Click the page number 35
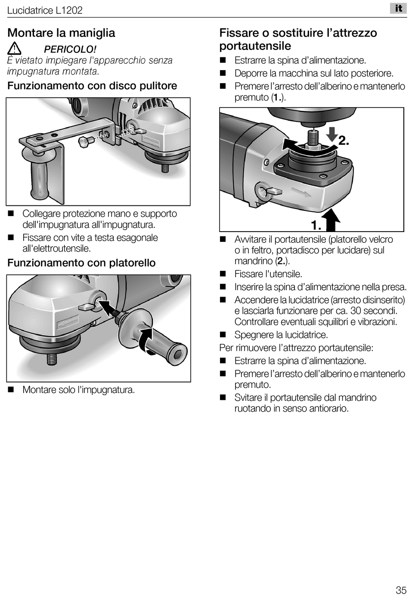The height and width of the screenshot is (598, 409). point(401,590)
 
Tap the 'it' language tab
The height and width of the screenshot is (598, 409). point(399,8)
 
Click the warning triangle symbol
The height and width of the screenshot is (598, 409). point(14,49)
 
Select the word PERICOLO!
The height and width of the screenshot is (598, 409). point(70,49)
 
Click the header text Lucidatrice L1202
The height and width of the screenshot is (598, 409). point(45,10)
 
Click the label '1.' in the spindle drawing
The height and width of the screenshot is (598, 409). point(316,225)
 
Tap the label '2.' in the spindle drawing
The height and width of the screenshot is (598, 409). point(344,141)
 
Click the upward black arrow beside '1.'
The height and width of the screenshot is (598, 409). point(332,220)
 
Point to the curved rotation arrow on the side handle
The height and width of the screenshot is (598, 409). point(145,340)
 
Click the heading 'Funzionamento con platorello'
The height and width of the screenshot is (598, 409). point(81,263)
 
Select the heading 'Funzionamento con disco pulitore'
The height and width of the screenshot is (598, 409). point(92,86)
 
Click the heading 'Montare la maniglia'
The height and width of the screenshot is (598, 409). point(61,33)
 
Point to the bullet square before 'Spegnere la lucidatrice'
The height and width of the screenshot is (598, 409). point(223,335)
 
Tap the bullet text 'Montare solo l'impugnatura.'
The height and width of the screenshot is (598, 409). point(79,390)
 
